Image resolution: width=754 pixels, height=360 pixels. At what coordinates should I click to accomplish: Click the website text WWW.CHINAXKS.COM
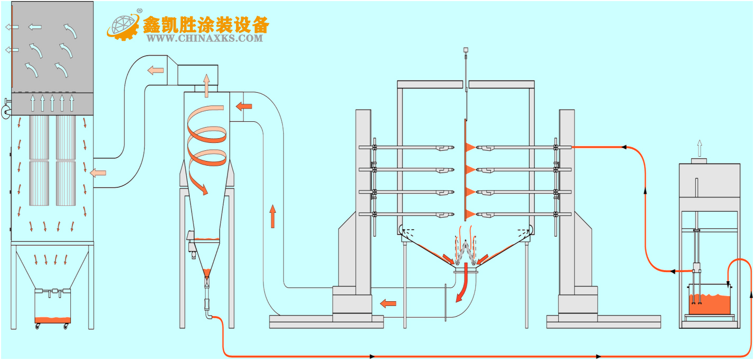(x=204, y=38)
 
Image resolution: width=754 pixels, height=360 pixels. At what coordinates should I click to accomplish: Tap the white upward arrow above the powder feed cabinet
(x=699, y=148)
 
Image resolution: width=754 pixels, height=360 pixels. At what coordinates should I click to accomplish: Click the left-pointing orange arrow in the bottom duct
(x=388, y=303)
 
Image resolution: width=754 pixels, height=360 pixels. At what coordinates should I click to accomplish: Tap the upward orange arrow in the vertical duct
(x=273, y=217)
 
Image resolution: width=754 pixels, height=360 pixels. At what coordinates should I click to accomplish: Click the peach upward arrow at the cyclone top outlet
(x=206, y=86)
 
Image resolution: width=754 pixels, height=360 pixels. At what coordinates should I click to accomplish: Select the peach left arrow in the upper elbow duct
(x=156, y=70)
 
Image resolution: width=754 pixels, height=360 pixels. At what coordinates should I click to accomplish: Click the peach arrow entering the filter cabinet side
(x=98, y=173)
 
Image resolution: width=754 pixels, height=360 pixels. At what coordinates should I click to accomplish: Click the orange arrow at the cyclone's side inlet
(x=244, y=106)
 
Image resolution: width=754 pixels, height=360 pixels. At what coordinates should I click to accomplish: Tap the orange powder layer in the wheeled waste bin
(x=52, y=320)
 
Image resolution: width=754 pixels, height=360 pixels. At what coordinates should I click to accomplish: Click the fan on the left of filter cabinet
(x=6, y=111)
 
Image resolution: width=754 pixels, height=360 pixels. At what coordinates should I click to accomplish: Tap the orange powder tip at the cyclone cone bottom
(x=207, y=273)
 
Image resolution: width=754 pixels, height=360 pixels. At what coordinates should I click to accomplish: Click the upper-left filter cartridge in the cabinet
(x=39, y=137)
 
